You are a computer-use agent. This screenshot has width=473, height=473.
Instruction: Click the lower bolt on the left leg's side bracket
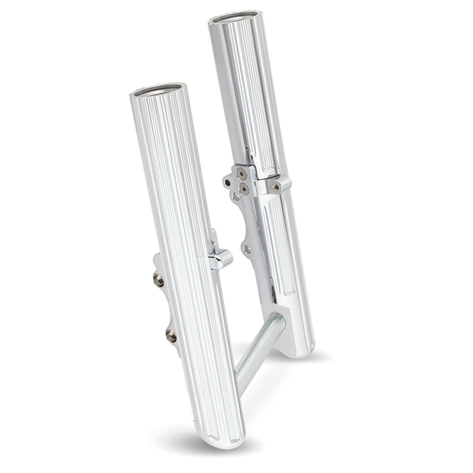[170, 335]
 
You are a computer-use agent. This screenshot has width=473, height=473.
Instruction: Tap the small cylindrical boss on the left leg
[218, 258]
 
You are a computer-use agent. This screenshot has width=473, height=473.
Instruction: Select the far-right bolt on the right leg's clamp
[277, 187]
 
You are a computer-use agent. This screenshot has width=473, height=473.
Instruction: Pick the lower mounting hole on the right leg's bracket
[246, 251]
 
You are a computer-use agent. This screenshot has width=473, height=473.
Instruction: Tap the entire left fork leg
[182, 266]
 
